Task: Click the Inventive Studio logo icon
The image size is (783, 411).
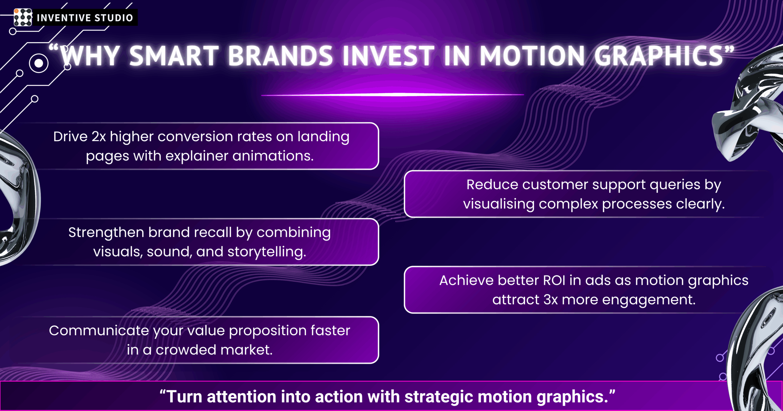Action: [x=23, y=17]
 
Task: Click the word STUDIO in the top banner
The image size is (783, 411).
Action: [x=114, y=18]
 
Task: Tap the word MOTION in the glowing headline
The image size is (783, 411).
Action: [x=532, y=56]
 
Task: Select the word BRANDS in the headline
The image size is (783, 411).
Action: [x=280, y=56]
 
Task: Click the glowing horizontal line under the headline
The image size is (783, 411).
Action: [x=392, y=95]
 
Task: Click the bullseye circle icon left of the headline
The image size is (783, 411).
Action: [x=39, y=63]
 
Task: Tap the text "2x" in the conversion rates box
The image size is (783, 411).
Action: [x=99, y=137]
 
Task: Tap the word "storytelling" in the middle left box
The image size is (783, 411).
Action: [x=267, y=252]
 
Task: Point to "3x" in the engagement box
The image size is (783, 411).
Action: [x=551, y=300]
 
